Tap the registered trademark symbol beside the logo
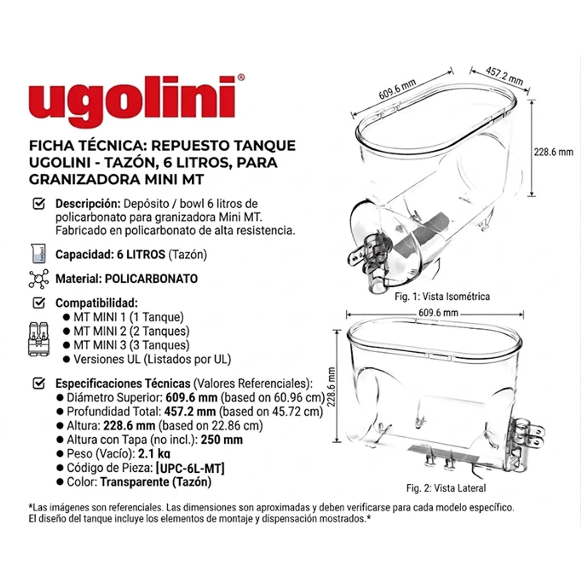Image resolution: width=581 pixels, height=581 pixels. coord(241,78)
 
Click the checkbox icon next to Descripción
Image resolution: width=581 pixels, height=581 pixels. coord(39,204)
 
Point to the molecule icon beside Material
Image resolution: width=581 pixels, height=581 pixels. coord(39,279)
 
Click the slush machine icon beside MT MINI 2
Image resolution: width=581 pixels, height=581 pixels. coord(39,339)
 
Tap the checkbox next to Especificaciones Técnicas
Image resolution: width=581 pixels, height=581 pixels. coord(39,384)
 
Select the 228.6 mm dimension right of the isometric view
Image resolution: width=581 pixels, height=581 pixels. coord(553,152)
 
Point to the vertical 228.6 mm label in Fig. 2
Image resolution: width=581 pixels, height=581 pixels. coord(331,387)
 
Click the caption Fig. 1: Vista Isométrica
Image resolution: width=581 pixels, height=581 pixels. coord(442,297)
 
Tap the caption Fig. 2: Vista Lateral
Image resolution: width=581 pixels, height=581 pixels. coord(446,488)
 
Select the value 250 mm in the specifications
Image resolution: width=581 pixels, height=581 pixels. coord(222,440)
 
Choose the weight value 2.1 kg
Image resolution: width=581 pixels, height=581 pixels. coord(154,454)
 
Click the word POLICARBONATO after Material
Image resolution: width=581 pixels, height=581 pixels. coord(151,279)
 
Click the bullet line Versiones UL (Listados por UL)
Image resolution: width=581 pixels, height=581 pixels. coord(152,359)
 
